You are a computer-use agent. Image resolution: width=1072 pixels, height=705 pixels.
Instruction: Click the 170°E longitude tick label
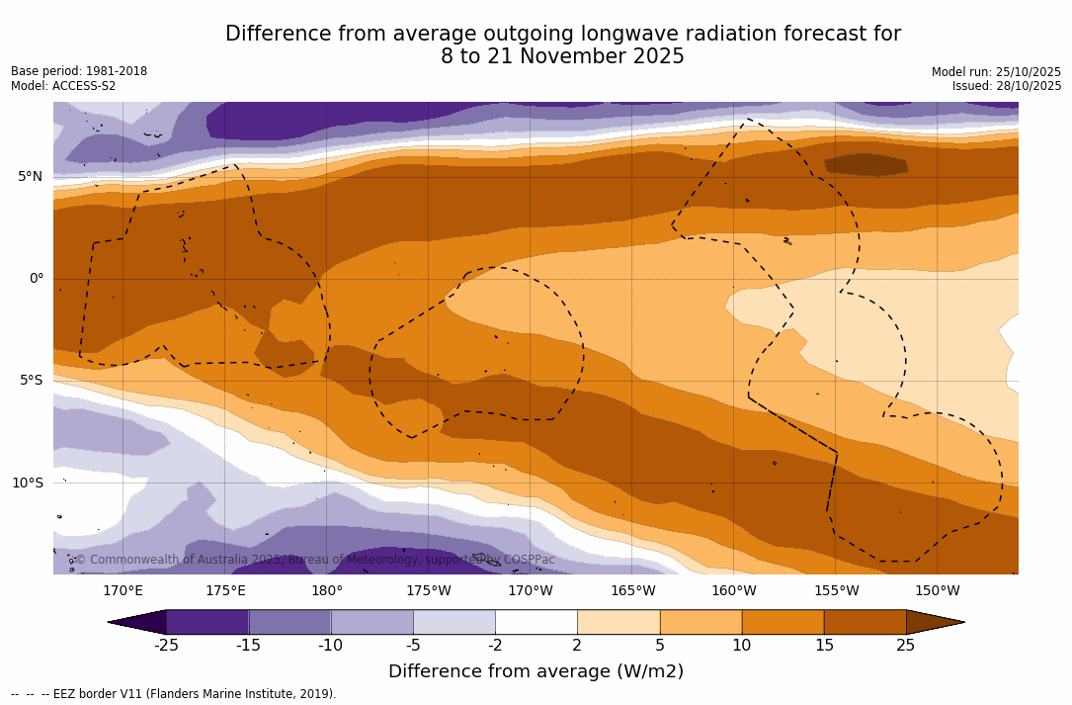pos(123,591)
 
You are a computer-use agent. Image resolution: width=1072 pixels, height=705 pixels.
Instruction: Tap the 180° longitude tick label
pos(327,591)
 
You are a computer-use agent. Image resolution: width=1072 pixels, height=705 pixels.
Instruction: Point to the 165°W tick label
pos(632,591)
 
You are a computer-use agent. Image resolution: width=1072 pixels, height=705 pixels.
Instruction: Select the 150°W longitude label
pos(937,591)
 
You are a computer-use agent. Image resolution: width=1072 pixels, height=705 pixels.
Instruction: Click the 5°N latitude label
pos(30,177)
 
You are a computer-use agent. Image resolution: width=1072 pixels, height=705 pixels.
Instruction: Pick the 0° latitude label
pos(37,279)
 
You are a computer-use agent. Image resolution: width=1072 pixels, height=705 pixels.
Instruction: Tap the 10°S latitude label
pos(27,484)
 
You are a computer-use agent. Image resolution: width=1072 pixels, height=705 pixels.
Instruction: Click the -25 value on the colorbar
pos(166,646)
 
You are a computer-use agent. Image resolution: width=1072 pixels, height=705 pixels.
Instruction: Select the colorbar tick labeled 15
pos(824,646)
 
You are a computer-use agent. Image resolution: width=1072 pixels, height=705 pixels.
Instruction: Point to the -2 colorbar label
pos(495,646)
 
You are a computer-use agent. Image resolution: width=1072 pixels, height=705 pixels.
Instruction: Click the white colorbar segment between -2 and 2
pos(536,622)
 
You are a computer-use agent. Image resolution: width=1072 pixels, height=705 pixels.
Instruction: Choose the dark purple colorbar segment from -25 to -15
pos(207,622)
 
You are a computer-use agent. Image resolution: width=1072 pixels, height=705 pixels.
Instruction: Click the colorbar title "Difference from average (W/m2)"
pos(536,672)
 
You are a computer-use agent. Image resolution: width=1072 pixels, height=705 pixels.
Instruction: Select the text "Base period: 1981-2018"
pos(79,71)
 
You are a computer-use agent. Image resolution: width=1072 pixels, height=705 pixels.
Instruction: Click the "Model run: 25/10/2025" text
pos(996,72)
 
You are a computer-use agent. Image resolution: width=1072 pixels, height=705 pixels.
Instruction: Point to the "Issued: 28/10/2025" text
pos(1007,86)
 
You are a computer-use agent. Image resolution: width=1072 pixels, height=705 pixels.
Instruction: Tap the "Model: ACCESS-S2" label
pos(63,86)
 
